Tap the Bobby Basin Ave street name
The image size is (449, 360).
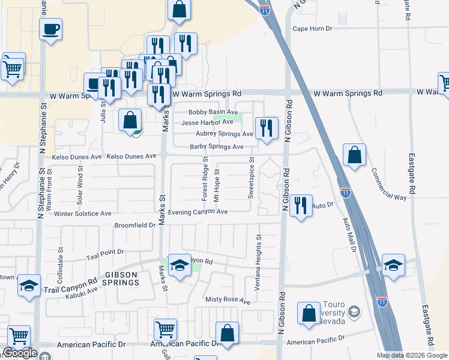[x=213, y=112]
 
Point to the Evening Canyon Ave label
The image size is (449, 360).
[x=198, y=212]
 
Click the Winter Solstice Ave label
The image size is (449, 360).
[x=83, y=213]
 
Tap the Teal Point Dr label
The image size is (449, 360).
[x=104, y=252]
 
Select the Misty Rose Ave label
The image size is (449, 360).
[x=228, y=299]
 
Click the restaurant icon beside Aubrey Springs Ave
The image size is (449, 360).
[x=267, y=128]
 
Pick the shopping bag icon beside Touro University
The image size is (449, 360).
[x=309, y=314]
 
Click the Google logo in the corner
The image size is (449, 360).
[x=20, y=353]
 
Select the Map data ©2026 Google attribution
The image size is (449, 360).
[x=412, y=355]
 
